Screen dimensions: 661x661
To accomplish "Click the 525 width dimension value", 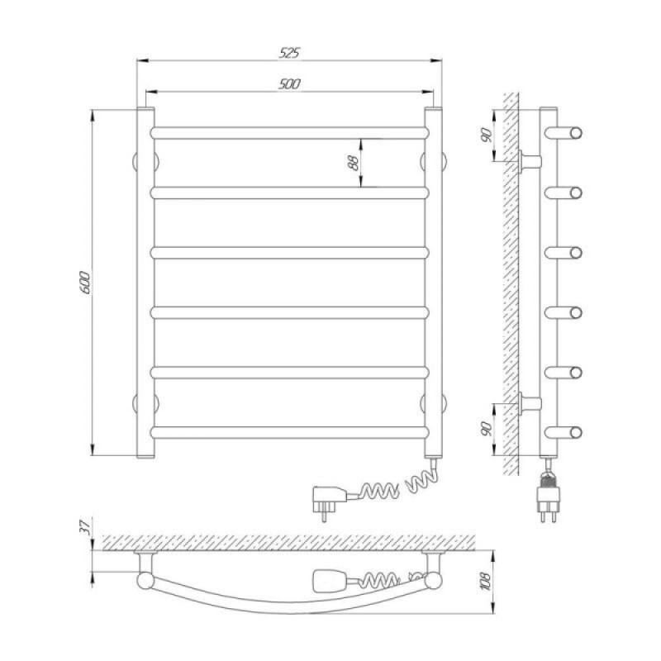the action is [x=289, y=53].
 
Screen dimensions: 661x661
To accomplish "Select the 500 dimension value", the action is [x=289, y=84].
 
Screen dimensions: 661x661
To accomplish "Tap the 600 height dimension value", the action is [x=85, y=283].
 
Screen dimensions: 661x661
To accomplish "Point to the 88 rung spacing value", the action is [x=354, y=163].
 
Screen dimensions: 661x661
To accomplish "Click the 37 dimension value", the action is [x=85, y=527].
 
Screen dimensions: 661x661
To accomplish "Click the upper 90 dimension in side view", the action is [x=487, y=135].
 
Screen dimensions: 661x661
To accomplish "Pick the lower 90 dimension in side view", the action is [x=487, y=428].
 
